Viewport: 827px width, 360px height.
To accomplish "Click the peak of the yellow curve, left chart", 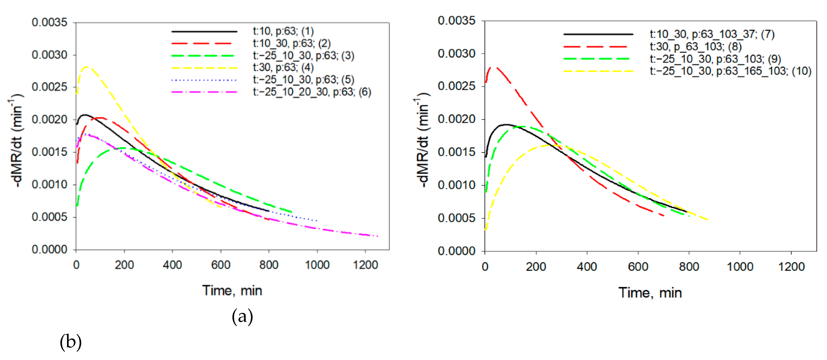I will tap(86, 67).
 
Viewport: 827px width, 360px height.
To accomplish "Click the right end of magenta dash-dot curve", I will tap(378, 236).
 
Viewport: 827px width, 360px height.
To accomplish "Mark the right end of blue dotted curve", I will tap(317, 221).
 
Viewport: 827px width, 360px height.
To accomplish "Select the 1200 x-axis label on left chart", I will tap(365, 265).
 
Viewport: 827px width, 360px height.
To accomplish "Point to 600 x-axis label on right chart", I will tap(638, 267).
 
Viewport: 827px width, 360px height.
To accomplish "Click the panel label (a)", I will tap(242, 316).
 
